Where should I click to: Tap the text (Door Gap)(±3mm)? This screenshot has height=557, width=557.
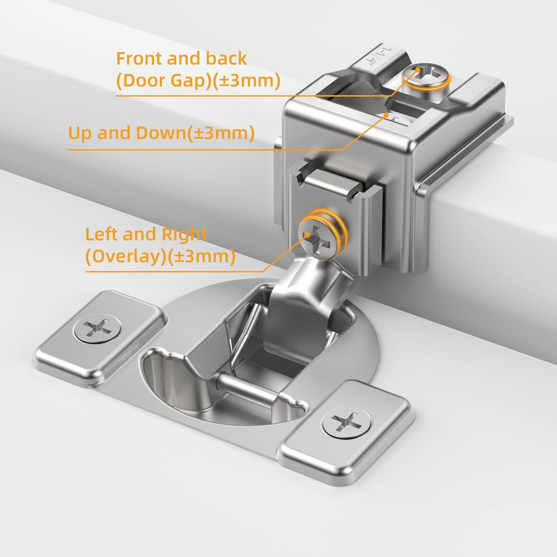198,81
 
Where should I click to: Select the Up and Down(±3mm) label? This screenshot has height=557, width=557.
161,133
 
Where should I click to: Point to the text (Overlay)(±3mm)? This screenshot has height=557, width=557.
160,256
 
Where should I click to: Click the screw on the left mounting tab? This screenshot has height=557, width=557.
98,329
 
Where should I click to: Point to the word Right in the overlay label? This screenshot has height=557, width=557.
184,234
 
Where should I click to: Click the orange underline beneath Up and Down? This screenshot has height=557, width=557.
184,149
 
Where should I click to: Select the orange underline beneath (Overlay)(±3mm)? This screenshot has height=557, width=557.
174,271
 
